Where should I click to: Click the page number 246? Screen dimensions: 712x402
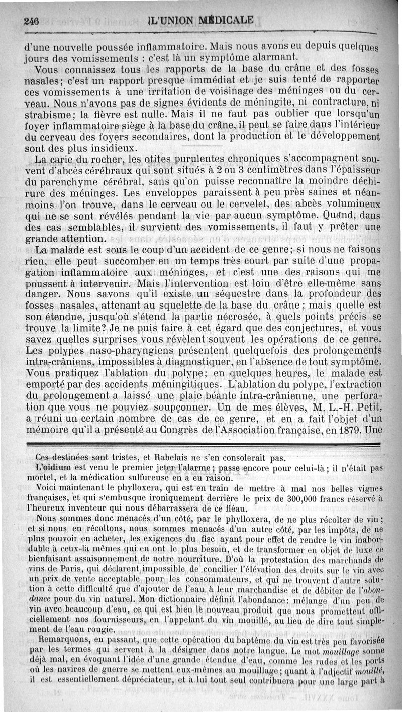tap(31, 21)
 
